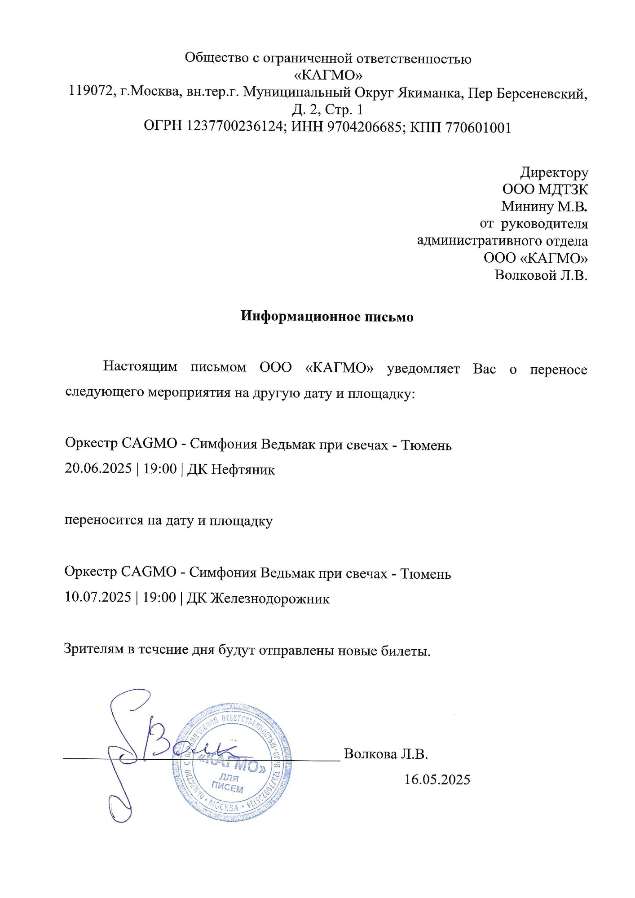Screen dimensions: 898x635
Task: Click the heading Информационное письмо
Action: tap(326, 316)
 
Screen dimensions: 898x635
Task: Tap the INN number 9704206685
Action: tap(364, 127)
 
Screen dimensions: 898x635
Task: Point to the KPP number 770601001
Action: tap(478, 128)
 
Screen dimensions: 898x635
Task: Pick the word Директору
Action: tap(554, 172)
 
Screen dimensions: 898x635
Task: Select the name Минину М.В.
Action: tap(544, 207)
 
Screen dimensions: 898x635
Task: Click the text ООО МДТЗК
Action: tap(545, 189)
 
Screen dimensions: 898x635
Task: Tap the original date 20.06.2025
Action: tap(98, 468)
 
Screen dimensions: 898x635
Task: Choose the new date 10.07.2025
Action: tap(98, 597)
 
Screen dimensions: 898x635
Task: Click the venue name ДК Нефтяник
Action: tap(231, 470)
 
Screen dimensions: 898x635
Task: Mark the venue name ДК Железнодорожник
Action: tap(258, 599)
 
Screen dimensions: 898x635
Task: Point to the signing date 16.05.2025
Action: tap(437, 779)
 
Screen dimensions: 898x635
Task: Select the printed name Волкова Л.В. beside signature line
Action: tap(386, 754)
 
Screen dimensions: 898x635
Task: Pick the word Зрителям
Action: tap(94, 649)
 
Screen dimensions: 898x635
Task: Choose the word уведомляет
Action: tap(423, 369)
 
